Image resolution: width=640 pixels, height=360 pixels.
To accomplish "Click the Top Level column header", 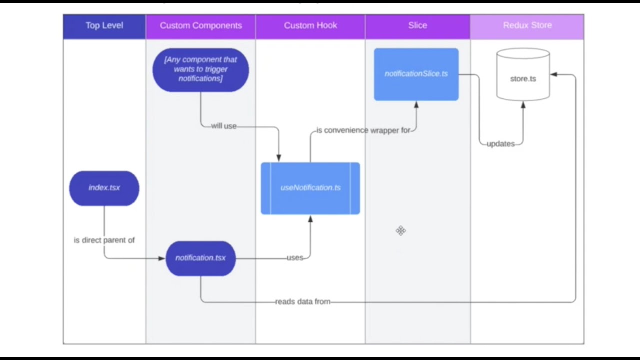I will coord(104,25).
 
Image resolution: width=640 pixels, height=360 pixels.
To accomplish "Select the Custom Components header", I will coord(200,25).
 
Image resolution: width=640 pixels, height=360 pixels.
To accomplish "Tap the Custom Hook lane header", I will coord(310,25).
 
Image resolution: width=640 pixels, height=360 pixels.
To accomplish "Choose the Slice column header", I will coord(417,25).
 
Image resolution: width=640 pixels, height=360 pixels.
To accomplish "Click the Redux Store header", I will coord(527,25).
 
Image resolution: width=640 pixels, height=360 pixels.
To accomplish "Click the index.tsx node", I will coord(104,188).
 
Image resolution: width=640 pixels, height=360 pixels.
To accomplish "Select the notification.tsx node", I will coord(200,258).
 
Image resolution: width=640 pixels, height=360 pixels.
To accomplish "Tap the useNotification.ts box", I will coord(310,188).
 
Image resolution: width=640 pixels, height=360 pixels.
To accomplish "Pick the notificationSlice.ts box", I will coord(416,74).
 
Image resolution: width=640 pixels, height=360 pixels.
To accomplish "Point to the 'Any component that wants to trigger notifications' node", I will coord(200,69).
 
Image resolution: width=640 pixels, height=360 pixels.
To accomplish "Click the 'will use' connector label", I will coord(223,126).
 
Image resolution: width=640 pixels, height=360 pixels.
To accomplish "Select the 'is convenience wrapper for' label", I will coord(363,130).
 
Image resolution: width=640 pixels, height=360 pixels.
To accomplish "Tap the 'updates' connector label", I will coord(500,144).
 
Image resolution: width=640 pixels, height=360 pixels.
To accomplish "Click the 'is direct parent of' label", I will coord(104,240).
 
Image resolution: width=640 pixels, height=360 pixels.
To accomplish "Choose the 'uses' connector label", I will coord(295,258).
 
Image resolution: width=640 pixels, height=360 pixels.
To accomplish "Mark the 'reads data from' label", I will coord(302,302).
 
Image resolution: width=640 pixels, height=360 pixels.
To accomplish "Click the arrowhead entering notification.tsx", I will coord(161,258).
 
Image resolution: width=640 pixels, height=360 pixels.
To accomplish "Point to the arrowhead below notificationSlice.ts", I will coord(416,105).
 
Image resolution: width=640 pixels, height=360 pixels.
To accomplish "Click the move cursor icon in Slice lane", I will coord(400,230).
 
